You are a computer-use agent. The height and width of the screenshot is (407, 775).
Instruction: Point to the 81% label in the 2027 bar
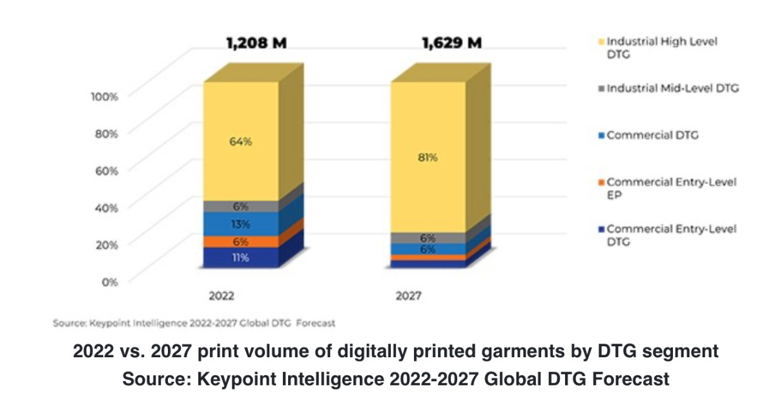(x=428, y=157)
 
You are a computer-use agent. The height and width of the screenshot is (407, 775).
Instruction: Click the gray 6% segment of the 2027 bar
(x=428, y=238)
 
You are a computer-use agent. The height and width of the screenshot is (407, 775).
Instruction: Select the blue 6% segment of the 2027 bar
(x=428, y=249)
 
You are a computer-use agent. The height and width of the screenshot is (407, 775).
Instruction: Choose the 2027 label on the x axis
(x=408, y=296)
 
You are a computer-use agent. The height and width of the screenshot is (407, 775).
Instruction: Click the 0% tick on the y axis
(x=110, y=281)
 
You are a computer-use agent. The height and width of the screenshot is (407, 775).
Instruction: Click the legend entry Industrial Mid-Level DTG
(x=672, y=89)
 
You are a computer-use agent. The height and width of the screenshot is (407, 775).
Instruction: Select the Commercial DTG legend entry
(x=652, y=135)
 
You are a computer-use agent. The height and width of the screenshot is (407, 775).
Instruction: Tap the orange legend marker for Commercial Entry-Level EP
(x=602, y=183)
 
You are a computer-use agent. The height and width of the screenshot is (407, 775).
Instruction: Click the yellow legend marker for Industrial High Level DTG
(x=602, y=42)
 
